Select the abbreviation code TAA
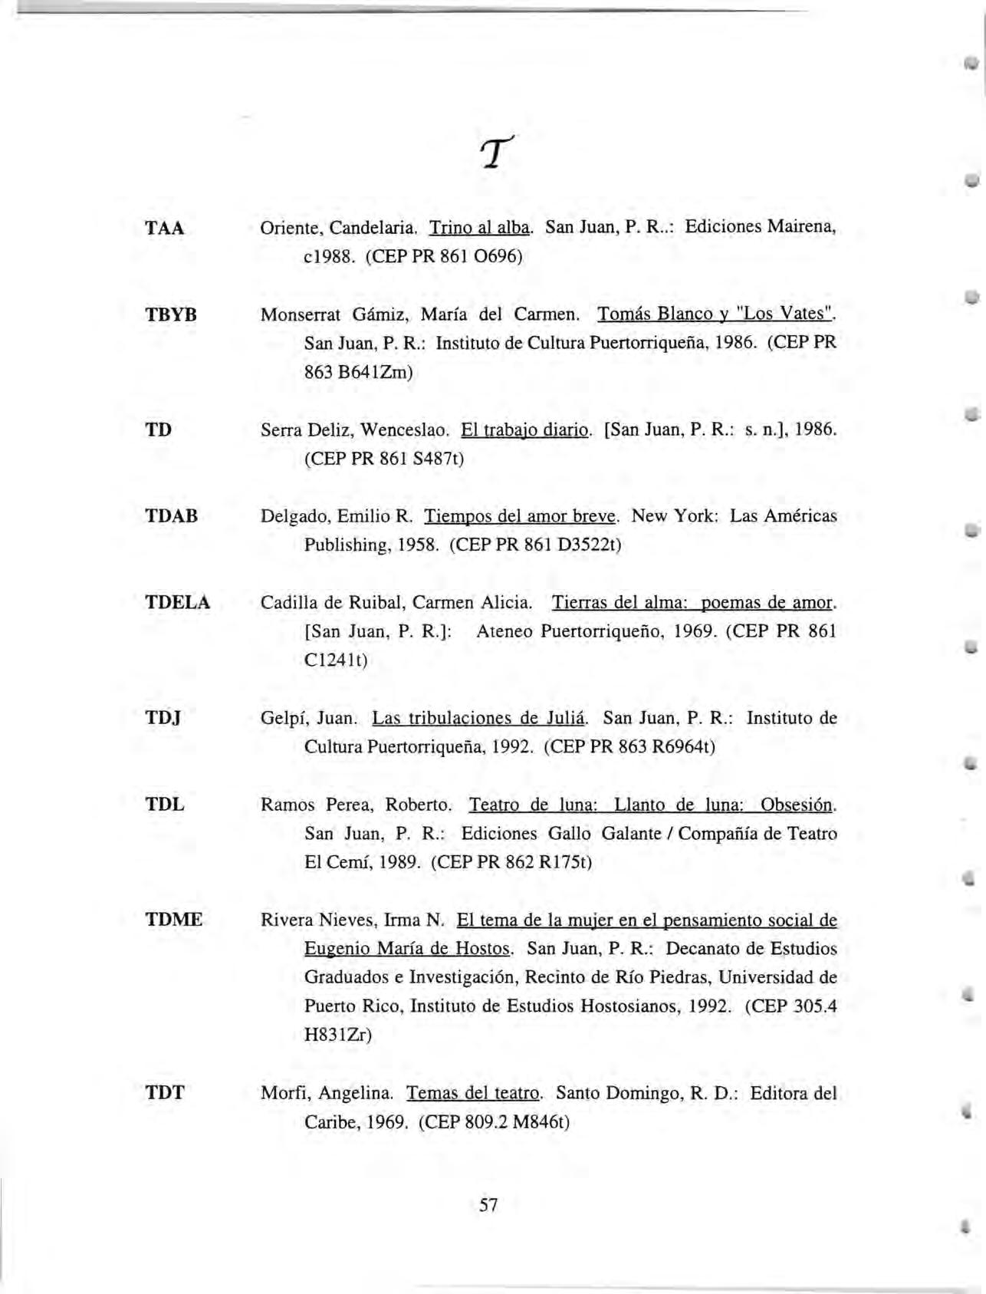click(x=165, y=229)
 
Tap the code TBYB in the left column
click(x=171, y=314)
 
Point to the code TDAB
click(x=172, y=516)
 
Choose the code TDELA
click(x=178, y=603)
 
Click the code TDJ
click(x=163, y=719)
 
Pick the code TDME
click(x=174, y=920)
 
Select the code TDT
click(x=165, y=1093)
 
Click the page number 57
click(x=488, y=1205)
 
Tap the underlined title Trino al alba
click(x=480, y=229)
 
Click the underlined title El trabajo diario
click(x=525, y=430)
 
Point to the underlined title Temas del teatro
click(x=474, y=1093)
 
